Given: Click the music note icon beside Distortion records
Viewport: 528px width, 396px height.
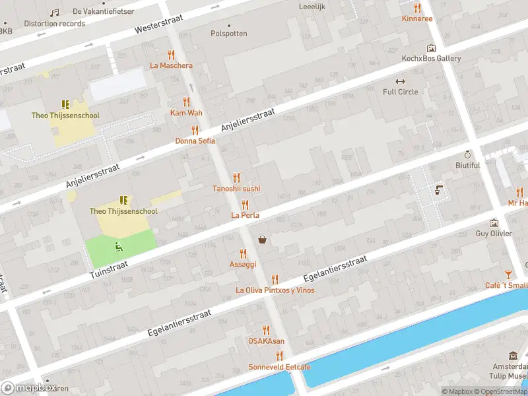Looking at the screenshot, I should click(55, 13).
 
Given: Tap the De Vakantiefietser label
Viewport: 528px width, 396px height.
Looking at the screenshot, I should click(103, 11).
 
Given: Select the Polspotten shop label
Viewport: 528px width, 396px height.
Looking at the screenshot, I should click(228, 33).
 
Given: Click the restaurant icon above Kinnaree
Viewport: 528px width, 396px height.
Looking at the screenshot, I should click(417, 8).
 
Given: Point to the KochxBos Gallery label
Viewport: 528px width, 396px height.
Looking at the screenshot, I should click(431, 58).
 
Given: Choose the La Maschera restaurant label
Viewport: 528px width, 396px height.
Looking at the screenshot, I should click(172, 65).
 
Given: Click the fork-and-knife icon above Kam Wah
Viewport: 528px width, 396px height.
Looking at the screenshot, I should click(186, 102).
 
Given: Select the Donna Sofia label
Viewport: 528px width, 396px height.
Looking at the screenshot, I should click(195, 141).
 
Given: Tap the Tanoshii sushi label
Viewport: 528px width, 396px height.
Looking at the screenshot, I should click(236, 188).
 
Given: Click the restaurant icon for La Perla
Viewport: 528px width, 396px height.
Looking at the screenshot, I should click(245, 205).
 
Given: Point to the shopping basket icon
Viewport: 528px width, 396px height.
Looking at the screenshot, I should click(263, 240).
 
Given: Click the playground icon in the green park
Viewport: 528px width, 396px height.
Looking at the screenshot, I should click(119, 247).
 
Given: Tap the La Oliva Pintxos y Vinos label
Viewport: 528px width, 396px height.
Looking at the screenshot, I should click(275, 290).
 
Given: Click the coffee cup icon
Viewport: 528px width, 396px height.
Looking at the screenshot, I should click(439, 190).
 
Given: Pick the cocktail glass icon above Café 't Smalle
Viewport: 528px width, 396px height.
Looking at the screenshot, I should click(508, 274).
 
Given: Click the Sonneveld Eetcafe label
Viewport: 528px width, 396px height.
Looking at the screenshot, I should click(279, 366).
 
